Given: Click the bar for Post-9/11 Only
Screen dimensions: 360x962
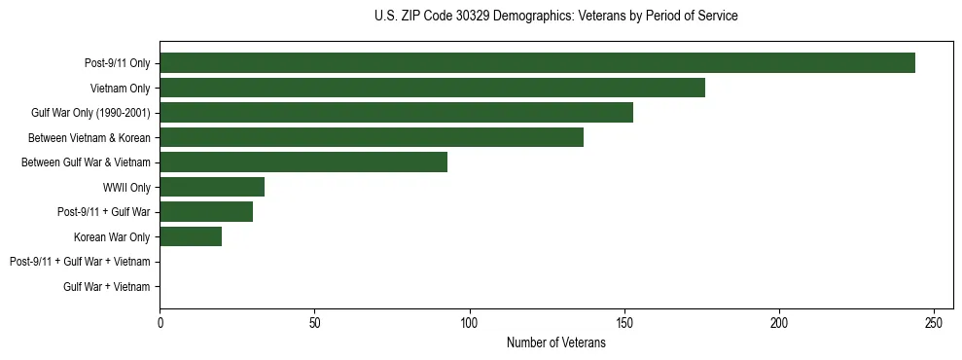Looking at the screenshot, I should (x=537, y=63).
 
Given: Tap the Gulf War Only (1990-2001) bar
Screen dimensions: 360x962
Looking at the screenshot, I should (x=396, y=113).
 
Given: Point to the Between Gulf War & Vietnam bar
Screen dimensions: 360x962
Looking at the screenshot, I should (x=303, y=162).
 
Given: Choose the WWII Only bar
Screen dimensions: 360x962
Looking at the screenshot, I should (x=212, y=187).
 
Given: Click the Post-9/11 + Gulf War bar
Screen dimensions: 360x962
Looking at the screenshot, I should (x=206, y=212).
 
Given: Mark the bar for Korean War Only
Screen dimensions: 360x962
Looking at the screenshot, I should (x=191, y=236).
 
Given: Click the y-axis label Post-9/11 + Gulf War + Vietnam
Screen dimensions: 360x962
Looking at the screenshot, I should (x=80, y=262).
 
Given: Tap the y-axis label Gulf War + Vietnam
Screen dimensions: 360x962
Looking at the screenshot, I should (x=107, y=287).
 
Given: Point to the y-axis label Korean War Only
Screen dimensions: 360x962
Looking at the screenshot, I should (x=112, y=237).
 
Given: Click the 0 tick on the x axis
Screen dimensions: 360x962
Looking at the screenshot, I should (x=160, y=323).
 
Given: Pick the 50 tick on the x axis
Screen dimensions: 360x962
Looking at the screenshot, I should (x=314, y=323).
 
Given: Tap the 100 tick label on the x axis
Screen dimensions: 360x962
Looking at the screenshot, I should (x=469, y=323).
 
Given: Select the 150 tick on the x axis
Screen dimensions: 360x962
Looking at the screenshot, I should (x=624, y=323).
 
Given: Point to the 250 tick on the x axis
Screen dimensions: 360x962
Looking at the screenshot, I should (x=934, y=323).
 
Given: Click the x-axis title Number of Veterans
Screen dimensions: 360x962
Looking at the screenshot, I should (x=555, y=343).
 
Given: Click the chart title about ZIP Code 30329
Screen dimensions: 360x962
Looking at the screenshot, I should (x=555, y=17).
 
